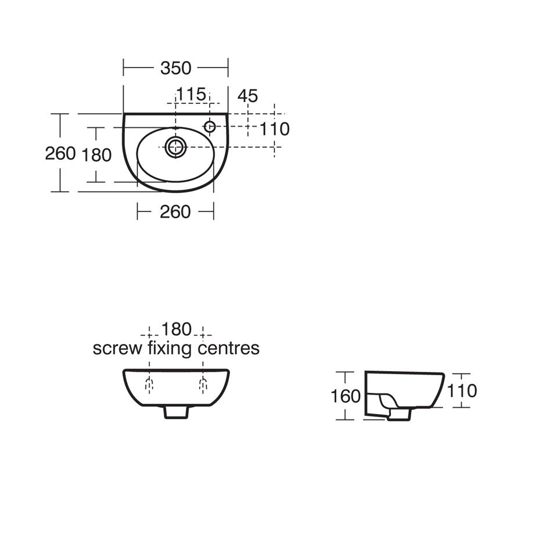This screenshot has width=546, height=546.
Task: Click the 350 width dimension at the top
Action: pos(175,68)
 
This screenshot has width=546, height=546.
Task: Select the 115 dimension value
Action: pos(191,94)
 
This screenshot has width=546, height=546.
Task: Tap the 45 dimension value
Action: pos(248,95)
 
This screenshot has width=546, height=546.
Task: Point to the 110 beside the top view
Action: pos(274,129)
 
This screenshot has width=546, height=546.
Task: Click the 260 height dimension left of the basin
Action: pos(60,153)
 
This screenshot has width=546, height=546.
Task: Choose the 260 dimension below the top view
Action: pos(175,212)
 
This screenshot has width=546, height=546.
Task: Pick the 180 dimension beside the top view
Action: pos(96,155)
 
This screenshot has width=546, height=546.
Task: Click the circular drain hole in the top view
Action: pos(175,147)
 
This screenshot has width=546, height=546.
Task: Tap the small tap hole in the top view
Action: pos(210,125)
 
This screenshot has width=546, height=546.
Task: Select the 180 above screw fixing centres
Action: pos(176,329)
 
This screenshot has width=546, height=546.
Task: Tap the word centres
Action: pos(229,349)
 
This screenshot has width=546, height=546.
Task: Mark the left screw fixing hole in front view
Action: pos(149,383)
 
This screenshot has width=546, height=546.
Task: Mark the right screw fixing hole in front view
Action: pos(203,383)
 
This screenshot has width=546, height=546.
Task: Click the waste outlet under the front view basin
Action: pos(176,412)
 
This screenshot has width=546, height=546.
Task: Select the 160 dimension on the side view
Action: pos(346,396)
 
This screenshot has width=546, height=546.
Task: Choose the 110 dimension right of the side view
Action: pos(462,391)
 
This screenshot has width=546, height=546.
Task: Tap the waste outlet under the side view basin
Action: pos(400,414)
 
